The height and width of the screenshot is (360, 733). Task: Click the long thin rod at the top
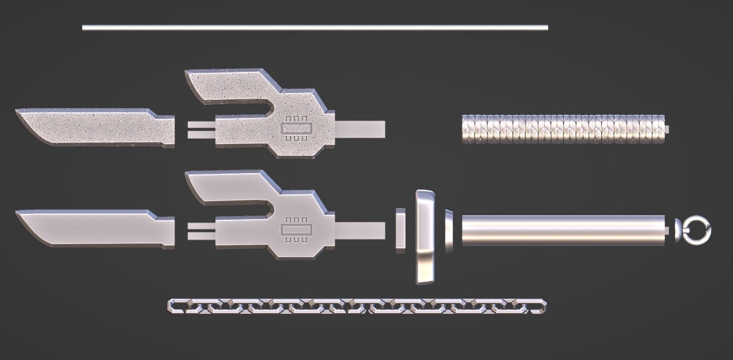[315, 28]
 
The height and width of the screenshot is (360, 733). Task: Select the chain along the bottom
[357, 306]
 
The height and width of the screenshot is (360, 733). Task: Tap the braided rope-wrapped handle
[563, 129]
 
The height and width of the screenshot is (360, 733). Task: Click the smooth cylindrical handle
[563, 230]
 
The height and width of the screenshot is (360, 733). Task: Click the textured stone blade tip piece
[91, 127]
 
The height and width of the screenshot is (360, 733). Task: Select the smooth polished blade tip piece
[91, 228]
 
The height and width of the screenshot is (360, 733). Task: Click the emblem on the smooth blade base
[296, 230]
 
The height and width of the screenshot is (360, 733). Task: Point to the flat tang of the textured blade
[360, 129]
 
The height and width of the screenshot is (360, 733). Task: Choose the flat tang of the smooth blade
[360, 230]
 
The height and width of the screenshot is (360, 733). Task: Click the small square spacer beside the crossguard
[400, 228]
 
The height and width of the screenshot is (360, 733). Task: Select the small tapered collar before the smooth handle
[449, 228]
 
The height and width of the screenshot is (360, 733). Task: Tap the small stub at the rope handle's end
[667, 129]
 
